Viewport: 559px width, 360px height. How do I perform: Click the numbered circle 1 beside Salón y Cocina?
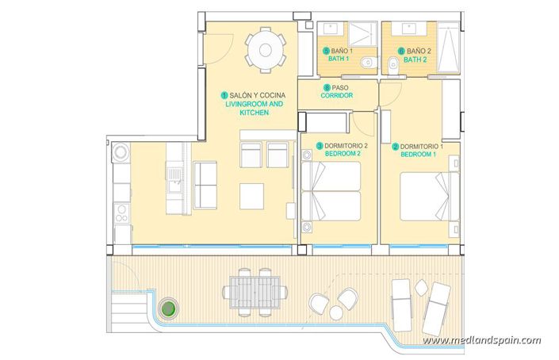tap(224, 94)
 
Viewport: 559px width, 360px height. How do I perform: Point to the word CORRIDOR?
tap(337, 95)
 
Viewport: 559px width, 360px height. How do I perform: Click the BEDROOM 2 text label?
tap(343, 155)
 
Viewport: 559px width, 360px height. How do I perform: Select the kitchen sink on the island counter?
tap(174, 170)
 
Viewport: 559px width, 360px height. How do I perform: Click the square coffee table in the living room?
tap(252, 195)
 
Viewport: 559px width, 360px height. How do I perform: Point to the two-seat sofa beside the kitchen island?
tap(205, 185)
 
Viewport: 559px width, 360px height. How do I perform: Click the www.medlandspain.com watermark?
tap(481, 340)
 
